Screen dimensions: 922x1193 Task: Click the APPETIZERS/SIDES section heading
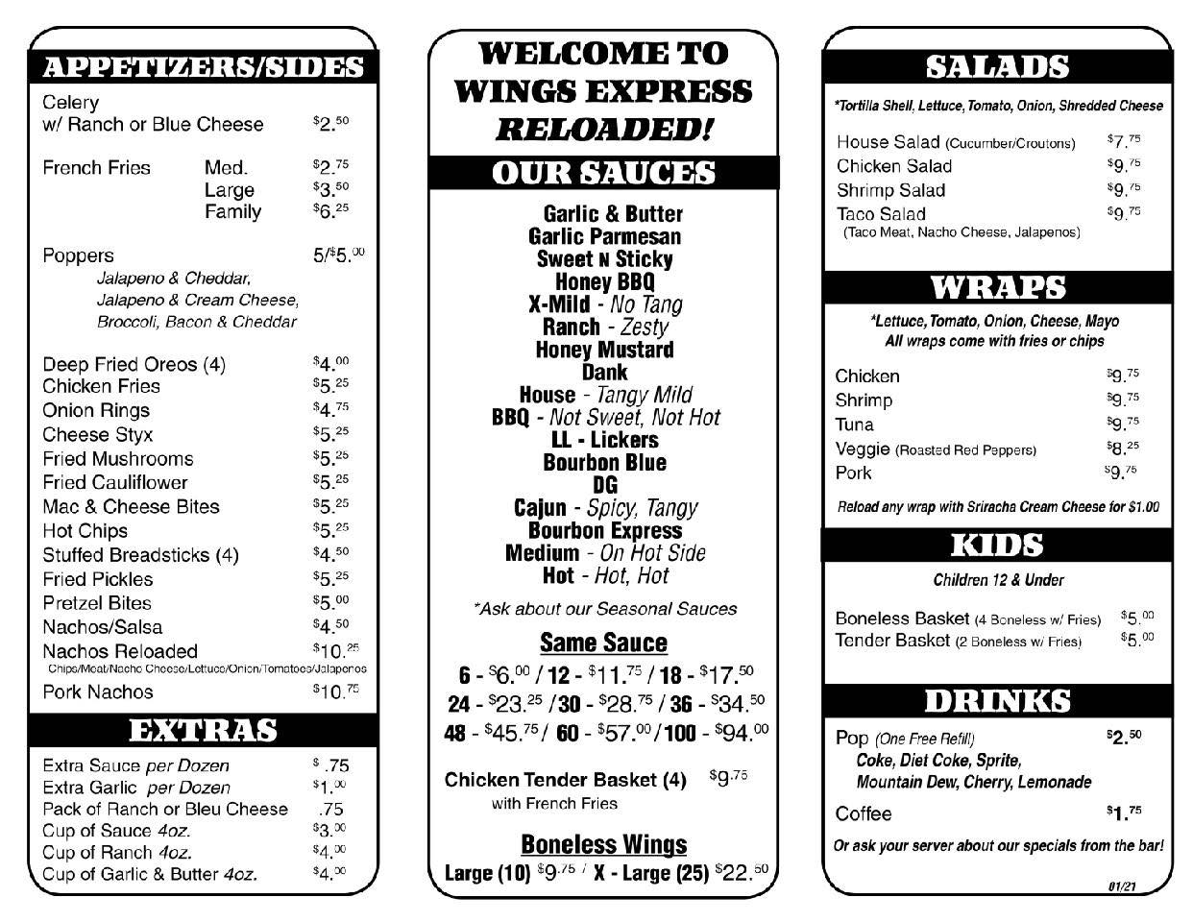point(203,66)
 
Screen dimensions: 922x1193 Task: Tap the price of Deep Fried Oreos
point(330,363)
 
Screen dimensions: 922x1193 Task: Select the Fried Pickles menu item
point(97,579)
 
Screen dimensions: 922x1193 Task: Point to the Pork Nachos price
point(335,691)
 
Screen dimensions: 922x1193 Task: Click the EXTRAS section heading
point(203,731)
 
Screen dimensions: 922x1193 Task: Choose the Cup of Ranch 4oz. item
point(117,852)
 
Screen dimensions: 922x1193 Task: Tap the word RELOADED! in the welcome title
point(603,129)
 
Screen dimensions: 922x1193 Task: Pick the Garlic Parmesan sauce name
point(604,236)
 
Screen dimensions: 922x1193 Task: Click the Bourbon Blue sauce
point(604,462)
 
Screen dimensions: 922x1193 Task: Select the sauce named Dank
point(604,372)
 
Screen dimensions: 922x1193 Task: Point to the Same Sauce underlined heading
point(603,643)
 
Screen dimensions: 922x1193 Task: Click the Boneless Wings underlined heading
point(603,844)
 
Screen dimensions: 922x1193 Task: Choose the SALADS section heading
point(997,66)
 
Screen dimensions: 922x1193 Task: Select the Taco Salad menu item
point(881,214)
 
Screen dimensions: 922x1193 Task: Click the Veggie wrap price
point(1122,448)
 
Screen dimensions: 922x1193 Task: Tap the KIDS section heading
point(997,546)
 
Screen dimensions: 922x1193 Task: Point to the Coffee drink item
point(864,813)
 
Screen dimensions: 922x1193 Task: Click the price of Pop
point(1123,737)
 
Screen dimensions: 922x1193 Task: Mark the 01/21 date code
point(1122,886)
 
